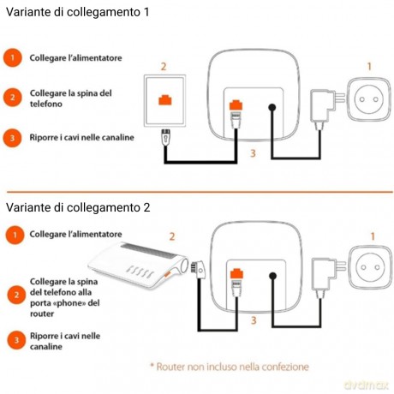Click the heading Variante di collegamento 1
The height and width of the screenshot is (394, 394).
[x=77, y=12]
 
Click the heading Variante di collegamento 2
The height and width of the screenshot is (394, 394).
[x=78, y=207]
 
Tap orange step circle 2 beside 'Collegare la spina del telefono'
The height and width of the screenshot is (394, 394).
[x=13, y=98]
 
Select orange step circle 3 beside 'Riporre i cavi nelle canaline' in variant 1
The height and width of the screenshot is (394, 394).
[x=12, y=138]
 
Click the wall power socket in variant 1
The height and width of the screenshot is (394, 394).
[x=369, y=99]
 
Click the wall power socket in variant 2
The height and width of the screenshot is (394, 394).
[x=370, y=267]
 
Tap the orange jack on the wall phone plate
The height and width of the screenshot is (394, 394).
[x=165, y=100]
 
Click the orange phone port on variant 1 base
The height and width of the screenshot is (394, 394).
[x=236, y=104]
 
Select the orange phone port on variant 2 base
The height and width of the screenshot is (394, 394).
[x=236, y=273]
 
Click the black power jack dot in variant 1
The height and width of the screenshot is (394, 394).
[x=272, y=107]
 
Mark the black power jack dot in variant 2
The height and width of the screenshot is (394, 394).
[x=273, y=276]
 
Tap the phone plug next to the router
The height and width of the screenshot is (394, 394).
[x=198, y=269]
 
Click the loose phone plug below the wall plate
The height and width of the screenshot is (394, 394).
[x=166, y=136]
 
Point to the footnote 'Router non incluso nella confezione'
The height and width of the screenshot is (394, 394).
[x=230, y=367]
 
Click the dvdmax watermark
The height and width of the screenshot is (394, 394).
[x=367, y=385]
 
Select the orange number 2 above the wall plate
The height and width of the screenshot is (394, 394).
[x=164, y=67]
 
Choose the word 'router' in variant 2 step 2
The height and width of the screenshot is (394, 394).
[x=42, y=314]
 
